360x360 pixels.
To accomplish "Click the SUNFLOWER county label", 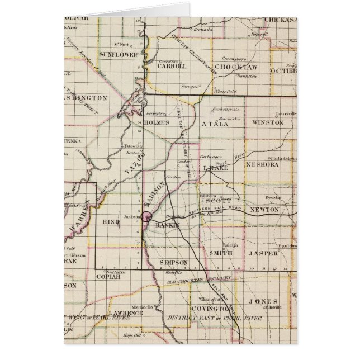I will coord(118,54).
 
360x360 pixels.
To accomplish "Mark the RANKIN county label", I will coord(167,225).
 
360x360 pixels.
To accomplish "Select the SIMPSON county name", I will coord(173,262).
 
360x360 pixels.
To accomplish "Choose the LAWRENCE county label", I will coord(125,313).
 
